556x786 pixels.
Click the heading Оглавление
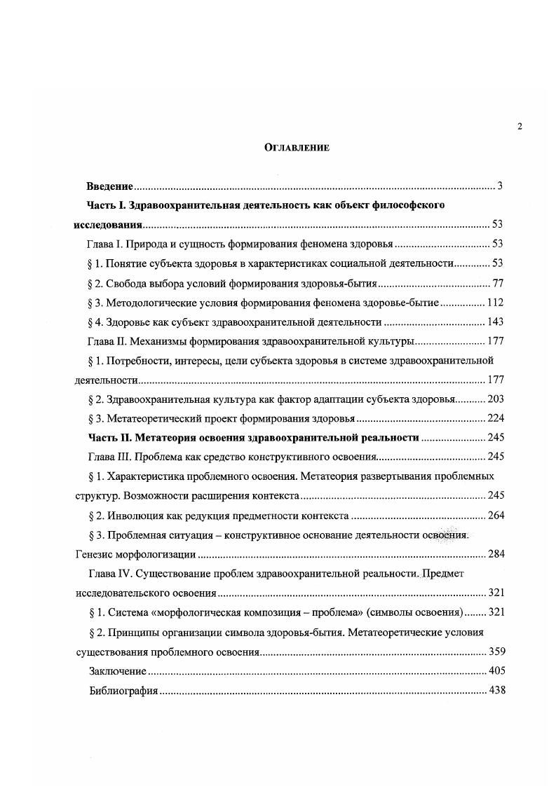297,148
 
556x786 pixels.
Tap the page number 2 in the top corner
520,126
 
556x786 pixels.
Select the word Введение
110,186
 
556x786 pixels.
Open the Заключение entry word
118,671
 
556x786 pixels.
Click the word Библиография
123,691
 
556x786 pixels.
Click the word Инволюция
136,516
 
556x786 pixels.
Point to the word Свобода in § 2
127,284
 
